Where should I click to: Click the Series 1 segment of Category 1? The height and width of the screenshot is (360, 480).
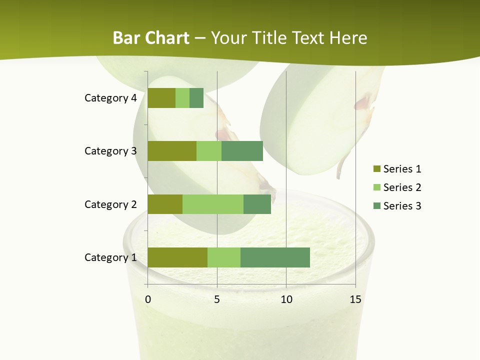[x=177, y=257]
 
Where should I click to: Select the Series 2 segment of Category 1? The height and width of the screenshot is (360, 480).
[x=224, y=257]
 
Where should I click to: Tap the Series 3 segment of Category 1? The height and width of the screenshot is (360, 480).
[x=275, y=257]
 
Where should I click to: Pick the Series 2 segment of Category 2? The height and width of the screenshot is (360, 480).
[x=213, y=204]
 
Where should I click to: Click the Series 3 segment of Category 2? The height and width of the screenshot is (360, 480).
[x=257, y=204]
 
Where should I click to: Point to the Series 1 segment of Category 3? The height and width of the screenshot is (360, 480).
[x=172, y=151]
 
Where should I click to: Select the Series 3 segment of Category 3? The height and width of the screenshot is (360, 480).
[x=242, y=151]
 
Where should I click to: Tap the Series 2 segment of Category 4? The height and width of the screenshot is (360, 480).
[x=182, y=98]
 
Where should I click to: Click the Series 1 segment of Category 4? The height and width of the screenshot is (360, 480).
[x=161, y=98]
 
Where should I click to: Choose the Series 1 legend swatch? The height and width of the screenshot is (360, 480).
[x=376, y=169]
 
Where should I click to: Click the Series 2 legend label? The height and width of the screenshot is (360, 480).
[x=402, y=187]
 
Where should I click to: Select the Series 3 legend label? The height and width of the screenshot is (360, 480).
[x=402, y=206]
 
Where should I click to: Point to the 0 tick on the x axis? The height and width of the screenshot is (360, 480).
[x=148, y=299]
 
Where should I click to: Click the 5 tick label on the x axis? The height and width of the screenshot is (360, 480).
[x=217, y=299]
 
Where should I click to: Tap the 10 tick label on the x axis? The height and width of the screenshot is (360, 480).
[x=286, y=299]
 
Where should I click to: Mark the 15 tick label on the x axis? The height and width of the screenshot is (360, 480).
[x=355, y=299]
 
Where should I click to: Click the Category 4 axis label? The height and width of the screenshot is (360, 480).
[x=110, y=98]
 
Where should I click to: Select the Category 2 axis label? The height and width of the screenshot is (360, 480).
[x=110, y=204]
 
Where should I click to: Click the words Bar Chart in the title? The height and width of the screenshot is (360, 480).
[x=151, y=38]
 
